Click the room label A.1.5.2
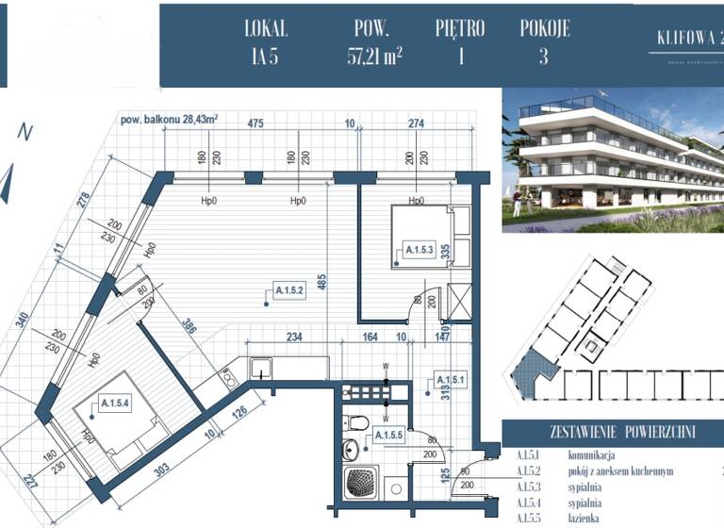point(288,290)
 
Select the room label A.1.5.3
point(419,250)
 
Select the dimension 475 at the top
point(255,123)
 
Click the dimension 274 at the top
point(416,123)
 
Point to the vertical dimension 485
point(322,282)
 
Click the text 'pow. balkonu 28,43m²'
point(170,120)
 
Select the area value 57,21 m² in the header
point(374,56)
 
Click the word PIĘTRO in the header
point(461,28)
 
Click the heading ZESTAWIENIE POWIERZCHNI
point(612,433)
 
